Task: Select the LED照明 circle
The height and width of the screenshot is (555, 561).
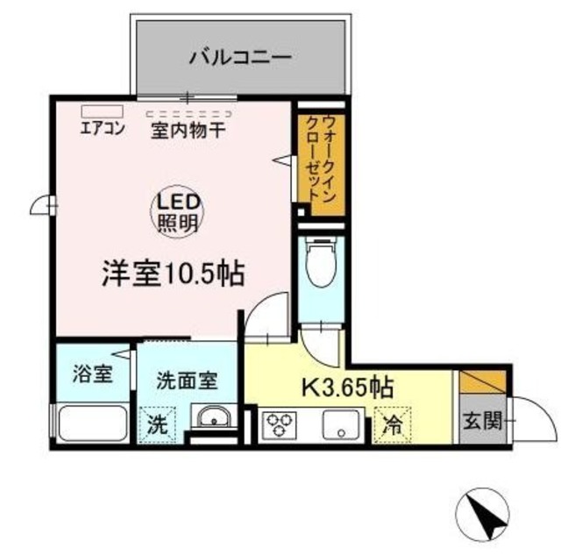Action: [179, 211]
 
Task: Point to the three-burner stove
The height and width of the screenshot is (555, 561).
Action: [281, 425]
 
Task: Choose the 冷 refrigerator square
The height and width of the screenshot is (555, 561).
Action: [392, 425]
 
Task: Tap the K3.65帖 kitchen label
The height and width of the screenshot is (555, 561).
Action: [346, 385]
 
